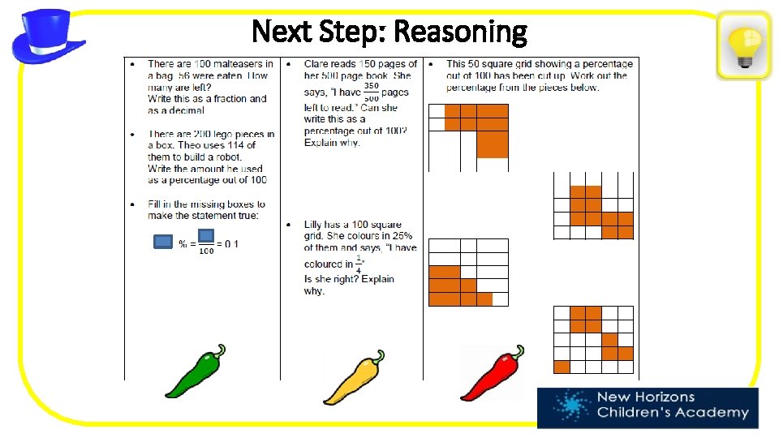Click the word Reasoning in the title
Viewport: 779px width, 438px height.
458,32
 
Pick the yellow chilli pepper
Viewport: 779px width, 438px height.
354,376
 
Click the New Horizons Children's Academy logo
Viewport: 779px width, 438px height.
648,408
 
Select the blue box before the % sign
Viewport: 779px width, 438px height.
163,241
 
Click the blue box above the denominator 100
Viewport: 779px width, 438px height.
206,235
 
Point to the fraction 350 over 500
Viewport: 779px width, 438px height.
371,92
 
